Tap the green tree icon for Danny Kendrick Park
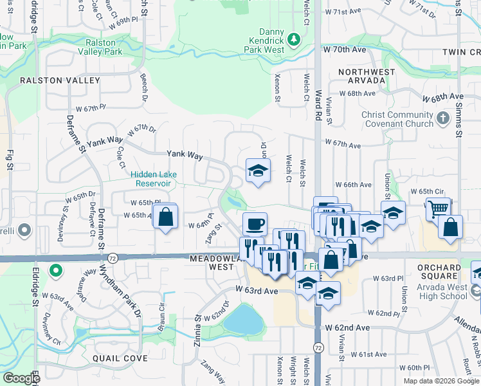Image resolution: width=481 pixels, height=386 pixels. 294,40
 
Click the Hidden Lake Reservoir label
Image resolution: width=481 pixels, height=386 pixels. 152,178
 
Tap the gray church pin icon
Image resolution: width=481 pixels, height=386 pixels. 442,118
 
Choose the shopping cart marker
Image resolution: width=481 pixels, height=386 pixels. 438,208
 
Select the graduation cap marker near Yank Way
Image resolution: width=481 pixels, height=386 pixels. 258,170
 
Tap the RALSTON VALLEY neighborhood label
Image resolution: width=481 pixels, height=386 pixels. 60,80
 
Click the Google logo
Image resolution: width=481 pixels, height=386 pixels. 21,378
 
